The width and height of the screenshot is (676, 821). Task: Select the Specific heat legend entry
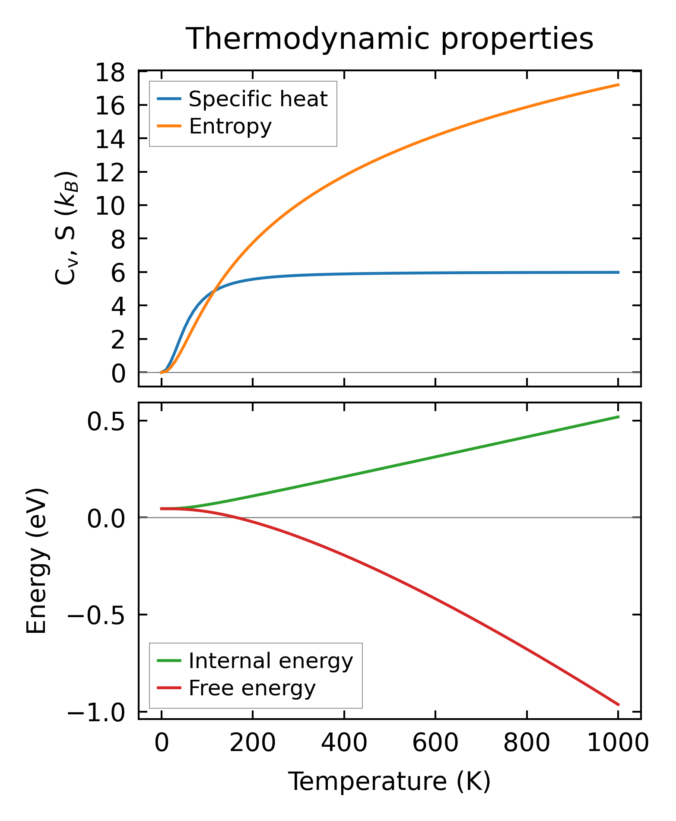point(258,99)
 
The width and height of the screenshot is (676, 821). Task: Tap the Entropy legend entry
point(230,127)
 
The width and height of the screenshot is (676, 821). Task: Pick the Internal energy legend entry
point(270,661)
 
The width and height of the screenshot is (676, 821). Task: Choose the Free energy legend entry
point(252,688)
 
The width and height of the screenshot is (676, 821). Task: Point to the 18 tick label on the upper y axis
point(110,72)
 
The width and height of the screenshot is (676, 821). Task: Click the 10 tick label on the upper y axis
point(110,206)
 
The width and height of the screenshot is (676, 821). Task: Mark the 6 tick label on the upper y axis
point(118,273)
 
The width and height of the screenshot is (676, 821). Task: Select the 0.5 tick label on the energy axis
point(106,422)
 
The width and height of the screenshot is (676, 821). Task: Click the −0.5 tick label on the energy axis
point(96,615)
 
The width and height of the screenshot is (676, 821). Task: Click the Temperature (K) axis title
point(389,782)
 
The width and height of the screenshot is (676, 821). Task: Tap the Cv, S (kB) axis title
point(67,228)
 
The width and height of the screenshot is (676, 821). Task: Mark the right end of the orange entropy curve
point(619,85)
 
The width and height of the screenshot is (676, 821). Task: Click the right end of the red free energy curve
point(619,705)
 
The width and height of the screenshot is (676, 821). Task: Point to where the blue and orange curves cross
point(214,292)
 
